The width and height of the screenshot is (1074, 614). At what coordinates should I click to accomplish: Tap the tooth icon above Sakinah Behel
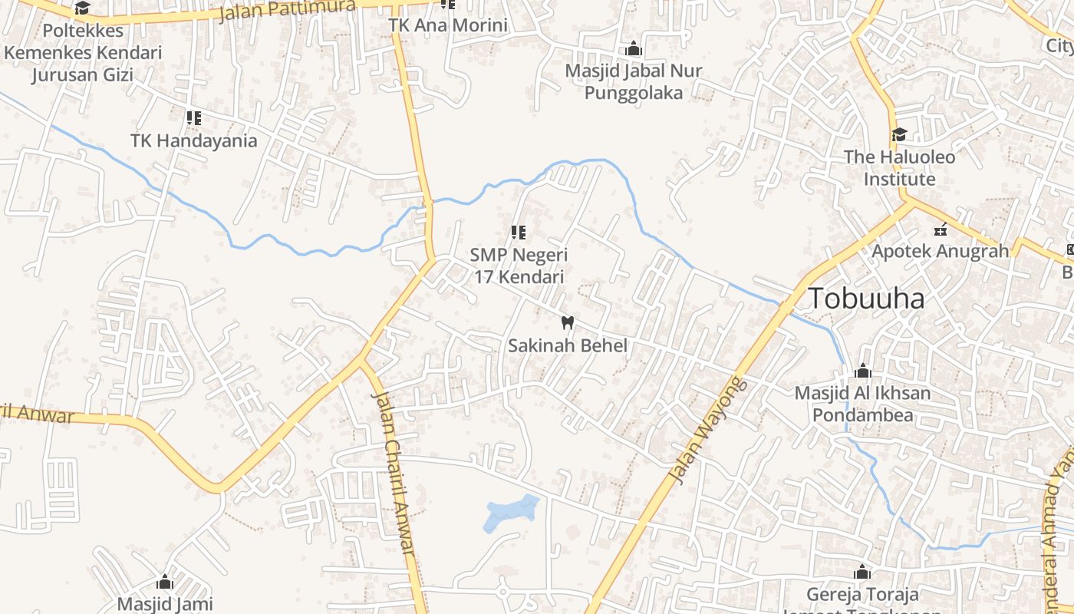point(568,322)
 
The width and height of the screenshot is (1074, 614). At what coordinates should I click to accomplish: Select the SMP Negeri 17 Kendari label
point(519,266)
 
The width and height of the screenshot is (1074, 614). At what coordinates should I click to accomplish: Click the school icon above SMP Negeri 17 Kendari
point(519,232)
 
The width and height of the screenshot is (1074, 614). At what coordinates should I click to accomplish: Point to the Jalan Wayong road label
point(707,431)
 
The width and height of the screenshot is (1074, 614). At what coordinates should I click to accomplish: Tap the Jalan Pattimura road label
point(287,11)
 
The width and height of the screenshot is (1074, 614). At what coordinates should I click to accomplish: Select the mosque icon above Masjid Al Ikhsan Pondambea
point(863,371)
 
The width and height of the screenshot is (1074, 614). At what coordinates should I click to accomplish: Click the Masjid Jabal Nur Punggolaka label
point(633,81)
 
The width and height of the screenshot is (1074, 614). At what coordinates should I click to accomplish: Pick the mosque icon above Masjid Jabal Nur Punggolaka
point(633,49)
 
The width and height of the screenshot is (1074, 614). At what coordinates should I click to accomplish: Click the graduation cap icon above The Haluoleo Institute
point(899,135)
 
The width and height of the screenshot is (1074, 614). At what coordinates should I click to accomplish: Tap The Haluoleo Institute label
point(900,168)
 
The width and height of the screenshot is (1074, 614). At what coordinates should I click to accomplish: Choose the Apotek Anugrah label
point(941,251)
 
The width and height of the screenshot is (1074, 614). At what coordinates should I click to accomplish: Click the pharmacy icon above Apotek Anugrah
point(941,229)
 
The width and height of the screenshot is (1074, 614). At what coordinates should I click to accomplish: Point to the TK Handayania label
point(194,141)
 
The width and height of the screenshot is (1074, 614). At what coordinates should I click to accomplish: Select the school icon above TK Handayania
point(194,118)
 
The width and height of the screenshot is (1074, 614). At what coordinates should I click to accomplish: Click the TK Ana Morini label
point(448,25)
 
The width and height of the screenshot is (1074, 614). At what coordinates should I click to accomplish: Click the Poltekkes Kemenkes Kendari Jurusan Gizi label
point(83,53)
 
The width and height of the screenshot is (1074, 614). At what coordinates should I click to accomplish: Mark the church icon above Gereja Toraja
point(862,573)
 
